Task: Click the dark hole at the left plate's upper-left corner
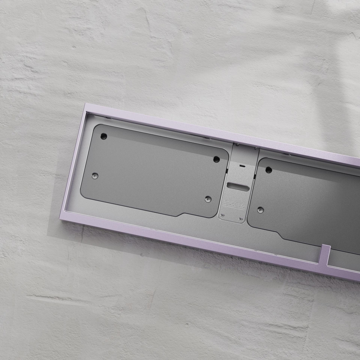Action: (103, 136)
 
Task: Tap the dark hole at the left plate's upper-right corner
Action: (217, 159)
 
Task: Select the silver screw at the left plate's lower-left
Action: (95, 176)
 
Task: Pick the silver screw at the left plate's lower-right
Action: (208, 199)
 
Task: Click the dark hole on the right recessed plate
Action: (269, 170)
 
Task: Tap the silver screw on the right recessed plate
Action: (261, 210)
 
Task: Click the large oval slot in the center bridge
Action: (238, 187)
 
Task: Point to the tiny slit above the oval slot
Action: (242, 165)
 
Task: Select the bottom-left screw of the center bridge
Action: (222, 214)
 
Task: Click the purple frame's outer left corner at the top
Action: (85, 104)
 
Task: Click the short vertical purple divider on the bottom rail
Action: (324, 254)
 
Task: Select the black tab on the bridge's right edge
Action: (254, 176)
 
